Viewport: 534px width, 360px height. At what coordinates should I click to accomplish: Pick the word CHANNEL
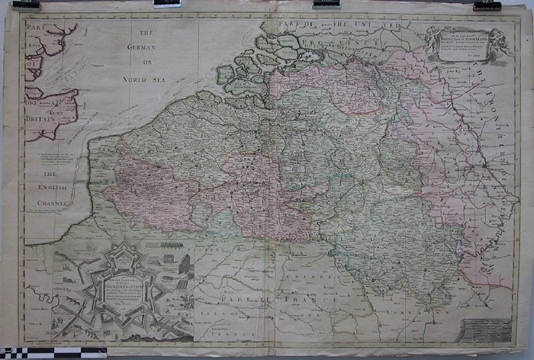tap(53, 204)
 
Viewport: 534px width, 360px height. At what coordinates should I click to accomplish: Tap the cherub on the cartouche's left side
tap(431, 35)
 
